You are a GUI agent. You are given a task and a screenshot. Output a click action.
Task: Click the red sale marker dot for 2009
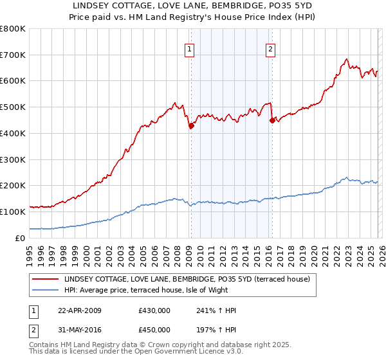coord(191,127)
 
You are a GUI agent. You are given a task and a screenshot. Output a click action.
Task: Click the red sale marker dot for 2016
coord(272,120)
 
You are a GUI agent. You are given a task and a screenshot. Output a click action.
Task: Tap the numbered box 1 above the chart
coord(190,48)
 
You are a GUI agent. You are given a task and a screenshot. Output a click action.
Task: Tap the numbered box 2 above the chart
coord(271,48)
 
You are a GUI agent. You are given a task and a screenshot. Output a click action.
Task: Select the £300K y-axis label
coord(13,159)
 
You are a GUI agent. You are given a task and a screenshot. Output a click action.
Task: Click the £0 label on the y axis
coord(21,238)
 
